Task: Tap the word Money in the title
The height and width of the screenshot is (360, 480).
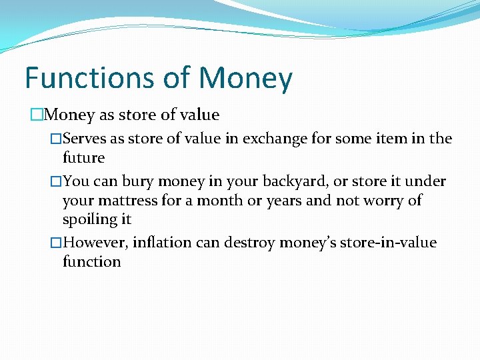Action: pyautogui.click(x=245, y=78)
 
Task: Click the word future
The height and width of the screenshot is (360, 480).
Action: pyautogui.click(x=83, y=158)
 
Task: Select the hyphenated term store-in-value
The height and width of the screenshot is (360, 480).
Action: pyautogui.click(x=387, y=243)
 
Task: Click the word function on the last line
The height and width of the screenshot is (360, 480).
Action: pyautogui.click(x=91, y=262)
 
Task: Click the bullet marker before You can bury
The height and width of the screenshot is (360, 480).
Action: pyautogui.click(x=56, y=182)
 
